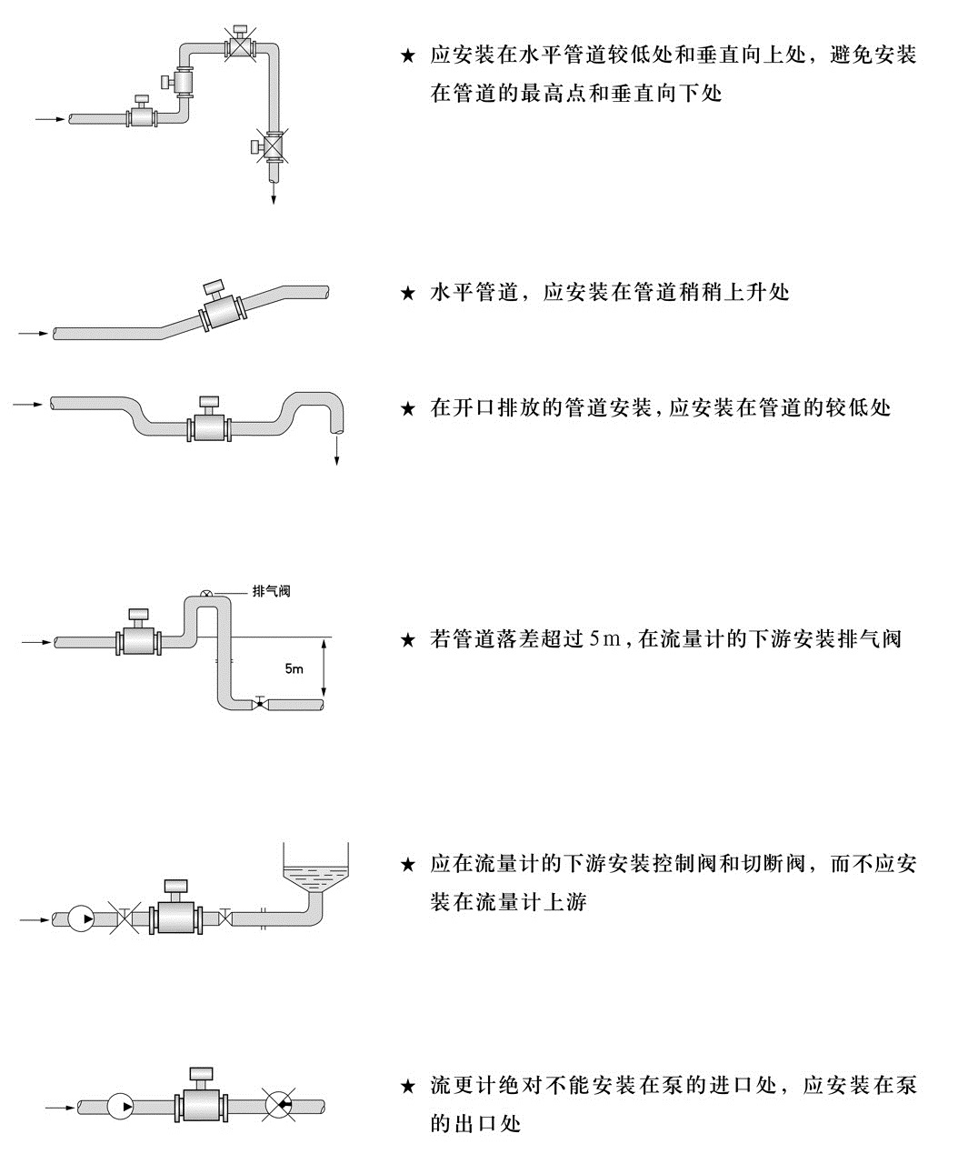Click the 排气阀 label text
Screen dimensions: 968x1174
[271, 591]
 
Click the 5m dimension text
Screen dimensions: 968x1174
[294, 668]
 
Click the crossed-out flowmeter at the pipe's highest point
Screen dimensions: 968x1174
[241, 42]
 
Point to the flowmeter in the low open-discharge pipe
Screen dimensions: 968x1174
[209, 420]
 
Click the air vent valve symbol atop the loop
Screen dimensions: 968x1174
[206, 593]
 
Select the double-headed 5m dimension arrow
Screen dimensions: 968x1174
[324, 667]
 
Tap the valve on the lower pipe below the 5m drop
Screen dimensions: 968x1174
[260, 703]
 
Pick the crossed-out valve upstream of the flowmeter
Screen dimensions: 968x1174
[125, 920]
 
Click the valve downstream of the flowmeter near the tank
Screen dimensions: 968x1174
[225, 918]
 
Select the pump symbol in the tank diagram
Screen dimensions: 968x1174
[81, 919]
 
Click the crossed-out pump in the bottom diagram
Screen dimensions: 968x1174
[279, 1105]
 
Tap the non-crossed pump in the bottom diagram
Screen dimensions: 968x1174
[120, 1107]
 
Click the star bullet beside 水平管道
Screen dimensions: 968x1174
[408, 293]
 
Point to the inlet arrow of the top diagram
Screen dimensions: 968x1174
[50, 119]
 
